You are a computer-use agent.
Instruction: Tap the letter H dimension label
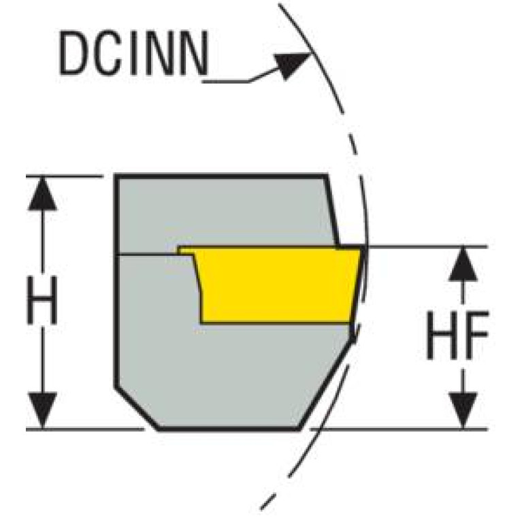43,299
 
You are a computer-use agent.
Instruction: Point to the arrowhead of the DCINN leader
296,64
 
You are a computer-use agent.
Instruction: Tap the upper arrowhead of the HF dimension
463,263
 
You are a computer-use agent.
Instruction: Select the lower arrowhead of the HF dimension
463,412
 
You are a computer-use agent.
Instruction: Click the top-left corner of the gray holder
117,177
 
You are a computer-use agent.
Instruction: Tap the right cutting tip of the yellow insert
360,250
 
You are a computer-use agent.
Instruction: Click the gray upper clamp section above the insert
225,211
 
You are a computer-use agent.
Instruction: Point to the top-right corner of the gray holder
327,177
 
